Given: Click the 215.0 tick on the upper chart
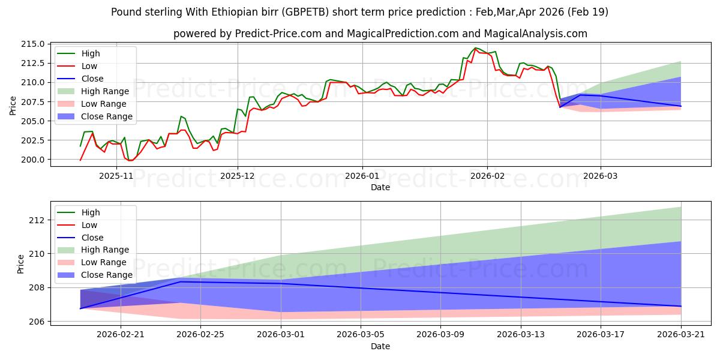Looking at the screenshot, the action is point(33,44).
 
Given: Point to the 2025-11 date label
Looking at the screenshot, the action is point(116,176).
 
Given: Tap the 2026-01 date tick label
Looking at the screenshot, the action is point(362,176).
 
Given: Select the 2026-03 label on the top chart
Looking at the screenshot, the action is point(601,176).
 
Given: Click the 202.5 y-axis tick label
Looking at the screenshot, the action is point(33,140).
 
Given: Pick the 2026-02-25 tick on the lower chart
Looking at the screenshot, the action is point(200,335).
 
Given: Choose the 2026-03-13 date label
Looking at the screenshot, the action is point(521,335).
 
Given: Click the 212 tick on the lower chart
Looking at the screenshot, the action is point(37,220).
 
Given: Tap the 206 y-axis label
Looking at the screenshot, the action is point(37,322).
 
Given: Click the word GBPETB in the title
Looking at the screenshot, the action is point(307,12).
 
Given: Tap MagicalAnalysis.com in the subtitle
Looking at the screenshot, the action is point(535,34).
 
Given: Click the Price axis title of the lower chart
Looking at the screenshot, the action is point(20,264).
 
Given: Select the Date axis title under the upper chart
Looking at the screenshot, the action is point(380,187).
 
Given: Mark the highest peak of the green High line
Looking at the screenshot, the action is point(475,48).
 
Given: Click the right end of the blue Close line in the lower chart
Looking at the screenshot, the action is point(681,307).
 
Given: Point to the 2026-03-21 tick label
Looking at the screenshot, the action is point(681,335).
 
